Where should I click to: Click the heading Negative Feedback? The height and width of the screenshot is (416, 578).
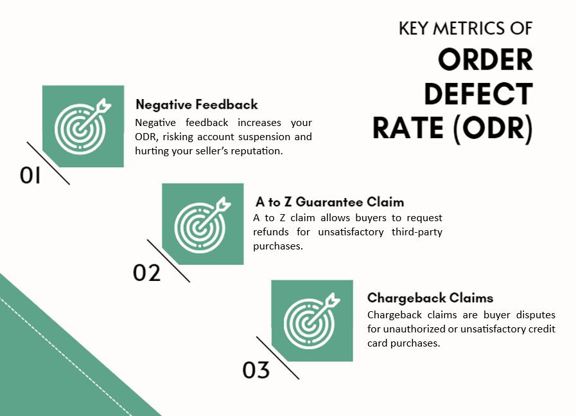click(x=197, y=104)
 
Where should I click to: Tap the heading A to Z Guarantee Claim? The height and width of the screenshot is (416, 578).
click(x=329, y=202)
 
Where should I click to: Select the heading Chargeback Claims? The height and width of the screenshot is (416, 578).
click(x=430, y=298)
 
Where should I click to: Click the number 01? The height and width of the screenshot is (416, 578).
click(x=30, y=175)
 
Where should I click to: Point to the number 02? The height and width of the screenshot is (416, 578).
click(x=146, y=273)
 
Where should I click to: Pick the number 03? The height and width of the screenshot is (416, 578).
click(x=256, y=370)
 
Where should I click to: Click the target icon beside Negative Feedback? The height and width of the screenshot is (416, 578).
click(x=83, y=126)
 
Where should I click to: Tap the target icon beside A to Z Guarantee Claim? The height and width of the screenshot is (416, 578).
click(x=202, y=224)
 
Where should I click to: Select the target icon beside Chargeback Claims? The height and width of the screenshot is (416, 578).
click(x=312, y=321)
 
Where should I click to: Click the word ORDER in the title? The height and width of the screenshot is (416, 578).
click(x=485, y=60)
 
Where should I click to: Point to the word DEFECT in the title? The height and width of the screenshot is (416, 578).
click(x=478, y=94)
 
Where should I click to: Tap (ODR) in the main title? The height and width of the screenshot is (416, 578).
click(x=493, y=128)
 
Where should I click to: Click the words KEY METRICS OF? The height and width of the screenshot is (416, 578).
click(x=466, y=28)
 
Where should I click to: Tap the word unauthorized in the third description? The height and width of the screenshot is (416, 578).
click(x=414, y=329)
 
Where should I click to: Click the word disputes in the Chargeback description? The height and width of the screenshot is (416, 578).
click(x=536, y=315)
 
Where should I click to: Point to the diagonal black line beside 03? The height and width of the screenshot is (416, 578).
click(x=277, y=357)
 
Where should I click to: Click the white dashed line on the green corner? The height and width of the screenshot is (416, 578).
click(x=66, y=357)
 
